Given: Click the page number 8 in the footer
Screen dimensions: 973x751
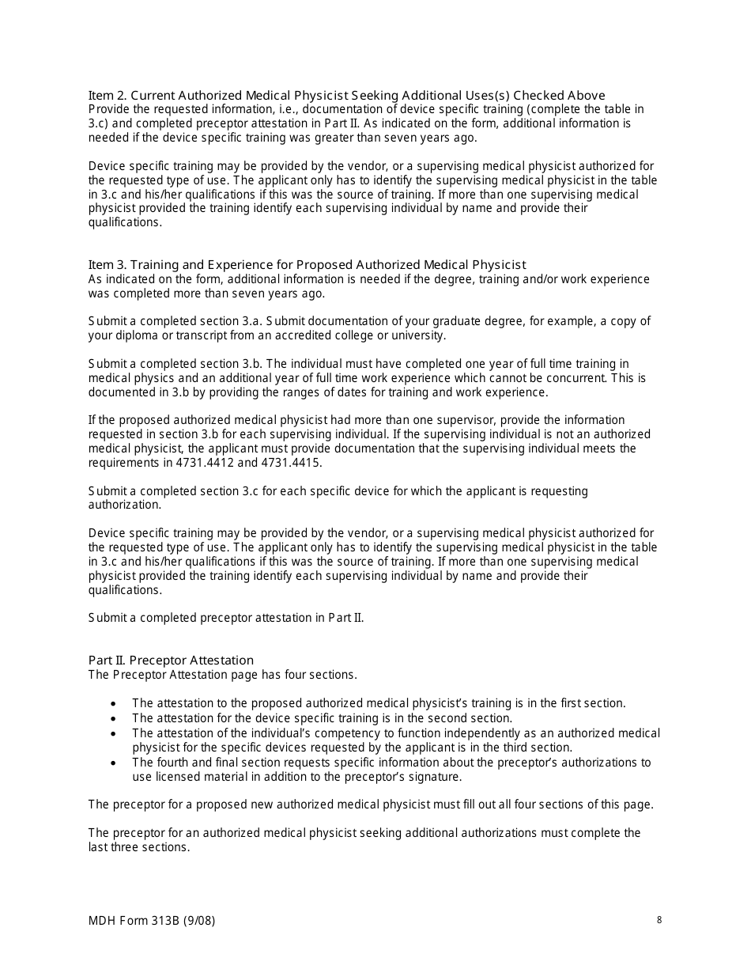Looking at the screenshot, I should pyautogui.click(x=659, y=919).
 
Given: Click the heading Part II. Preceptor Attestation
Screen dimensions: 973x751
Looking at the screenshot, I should pyautogui.click(x=171, y=660).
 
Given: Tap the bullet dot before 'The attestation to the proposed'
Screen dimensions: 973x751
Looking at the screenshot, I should pyautogui.click(x=115, y=703).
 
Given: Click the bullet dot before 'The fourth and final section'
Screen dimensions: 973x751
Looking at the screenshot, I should pyautogui.click(x=115, y=763).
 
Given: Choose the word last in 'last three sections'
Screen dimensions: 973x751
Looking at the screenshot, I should pyautogui.click(x=99, y=847).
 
